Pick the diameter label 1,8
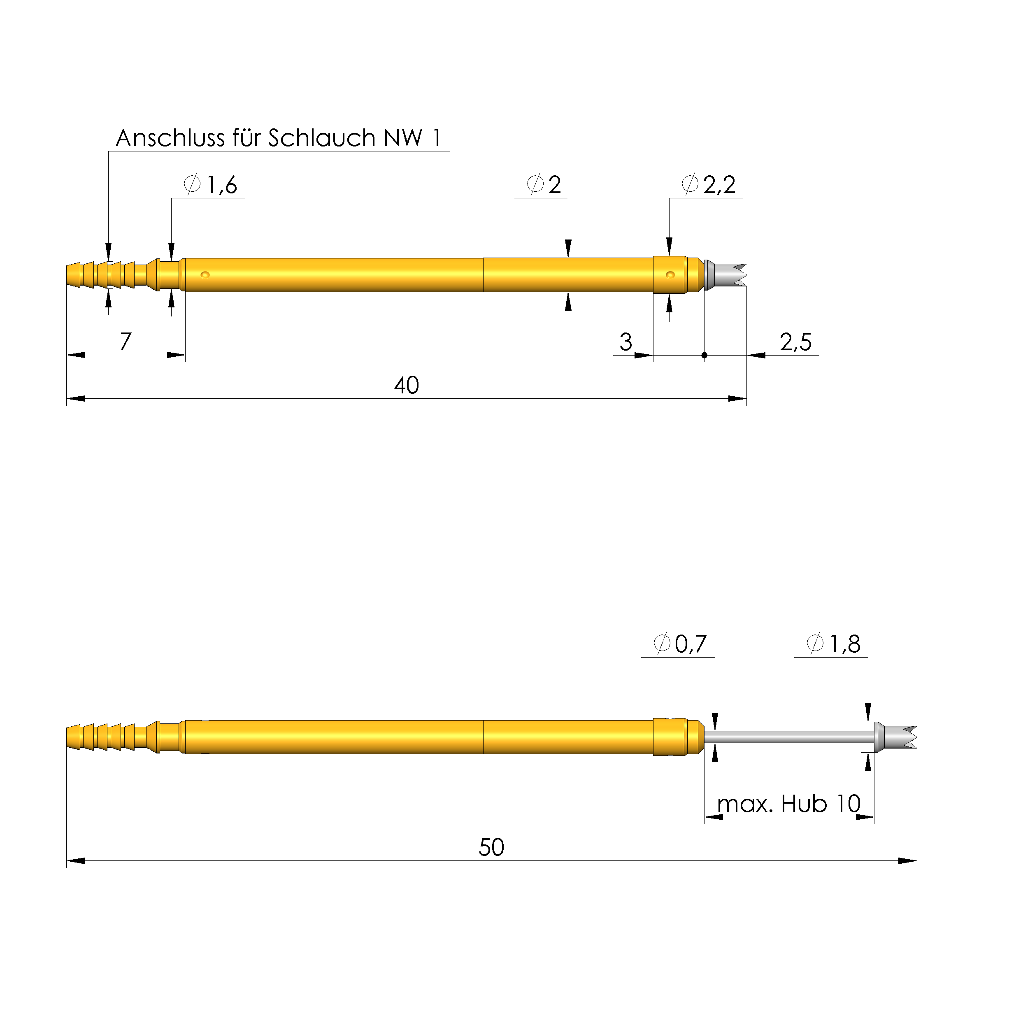[844, 644]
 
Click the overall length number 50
[491, 848]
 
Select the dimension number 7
[125, 342]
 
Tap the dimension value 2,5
[795, 342]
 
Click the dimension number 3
[625, 342]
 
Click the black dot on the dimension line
[704, 355]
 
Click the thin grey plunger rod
[789, 737]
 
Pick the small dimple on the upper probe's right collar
[671, 275]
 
